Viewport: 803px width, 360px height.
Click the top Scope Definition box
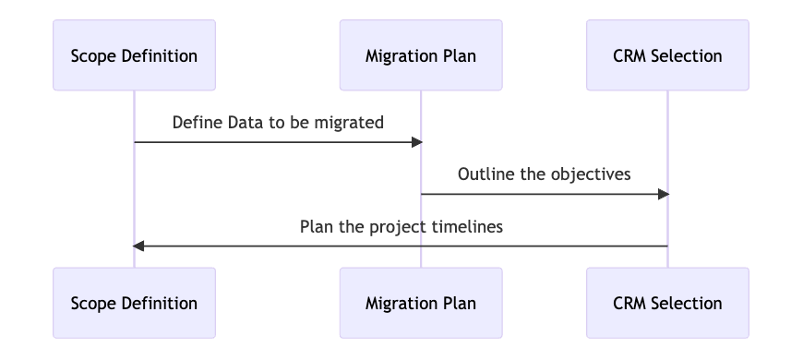(x=134, y=55)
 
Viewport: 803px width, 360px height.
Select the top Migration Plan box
(x=421, y=55)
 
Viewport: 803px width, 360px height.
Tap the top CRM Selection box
(x=668, y=55)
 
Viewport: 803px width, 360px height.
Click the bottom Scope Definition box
(x=134, y=303)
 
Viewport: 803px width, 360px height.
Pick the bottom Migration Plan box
(x=421, y=303)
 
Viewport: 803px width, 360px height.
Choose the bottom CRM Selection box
(x=668, y=303)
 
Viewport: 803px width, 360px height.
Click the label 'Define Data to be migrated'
(x=278, y=123)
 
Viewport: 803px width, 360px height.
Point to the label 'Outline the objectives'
(x=545, y=174)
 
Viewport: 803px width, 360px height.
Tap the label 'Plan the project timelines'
(x=401, y=227)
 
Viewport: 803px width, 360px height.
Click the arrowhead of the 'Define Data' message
(x=417, y=142)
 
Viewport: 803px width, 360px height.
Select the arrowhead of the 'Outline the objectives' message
(x=664, y=194)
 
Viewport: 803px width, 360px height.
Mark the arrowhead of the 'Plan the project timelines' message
(x=138, y=246)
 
